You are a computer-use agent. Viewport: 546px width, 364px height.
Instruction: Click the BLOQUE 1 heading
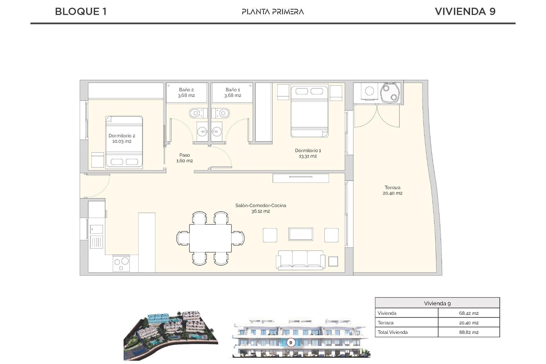click(81, 11)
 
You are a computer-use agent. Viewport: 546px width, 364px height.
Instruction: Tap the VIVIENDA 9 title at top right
click(465, 11)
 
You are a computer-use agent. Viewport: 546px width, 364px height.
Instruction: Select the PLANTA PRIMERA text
click(273, 12)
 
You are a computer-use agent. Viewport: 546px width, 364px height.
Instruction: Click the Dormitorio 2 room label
click(122, 136)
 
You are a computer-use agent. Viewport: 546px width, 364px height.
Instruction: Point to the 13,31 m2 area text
click(308, 156)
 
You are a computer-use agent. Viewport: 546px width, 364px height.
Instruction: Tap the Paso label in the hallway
click(185, 155)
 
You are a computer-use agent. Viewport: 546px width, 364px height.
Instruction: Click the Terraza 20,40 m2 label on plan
click(392, 190)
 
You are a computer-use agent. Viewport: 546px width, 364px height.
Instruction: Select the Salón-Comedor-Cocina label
click(260, 205)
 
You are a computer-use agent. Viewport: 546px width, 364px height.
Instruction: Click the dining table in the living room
click(210, 238)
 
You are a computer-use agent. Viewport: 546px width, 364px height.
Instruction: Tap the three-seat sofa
click(300, 260)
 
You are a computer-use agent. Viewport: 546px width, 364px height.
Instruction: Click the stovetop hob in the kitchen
click(121, 263)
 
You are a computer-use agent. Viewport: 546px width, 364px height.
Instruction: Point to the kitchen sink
click(96, 229)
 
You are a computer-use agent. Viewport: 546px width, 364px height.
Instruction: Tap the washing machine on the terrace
click(369, 91)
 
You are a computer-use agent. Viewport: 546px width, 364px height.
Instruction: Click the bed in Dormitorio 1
click(309, 111)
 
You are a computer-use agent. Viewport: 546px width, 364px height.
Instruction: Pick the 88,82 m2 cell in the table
click(469, 332)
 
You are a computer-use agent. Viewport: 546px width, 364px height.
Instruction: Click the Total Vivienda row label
click(392, 332)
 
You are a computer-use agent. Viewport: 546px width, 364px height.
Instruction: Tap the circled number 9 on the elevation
click(291, 342)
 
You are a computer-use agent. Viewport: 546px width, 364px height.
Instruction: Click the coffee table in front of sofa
click(301, 234)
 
